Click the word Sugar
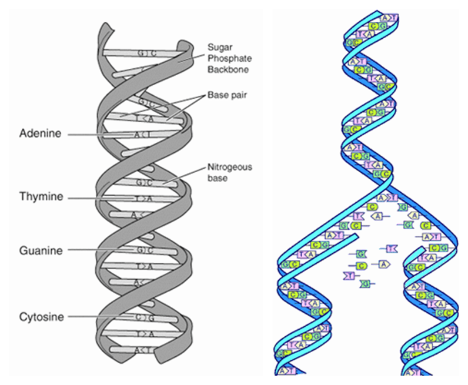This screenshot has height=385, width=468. tap(219, 46)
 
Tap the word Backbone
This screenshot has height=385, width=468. tap(225, 69)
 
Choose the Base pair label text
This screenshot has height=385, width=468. tap(224, 95)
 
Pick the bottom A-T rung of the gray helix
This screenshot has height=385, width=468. tap(144, 351)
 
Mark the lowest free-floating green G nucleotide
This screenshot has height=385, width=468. tap(366, 284)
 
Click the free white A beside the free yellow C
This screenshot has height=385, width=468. tap(384, 264)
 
